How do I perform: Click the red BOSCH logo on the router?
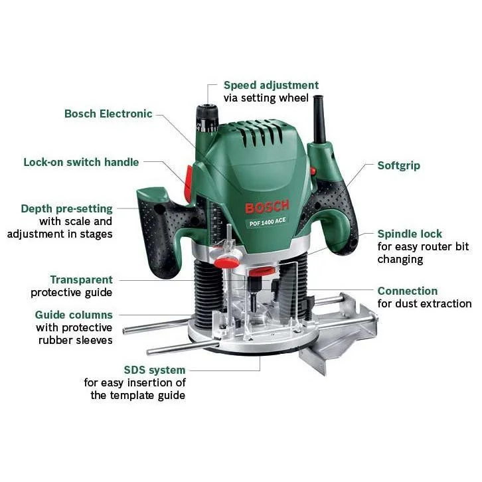[x=267, y=207]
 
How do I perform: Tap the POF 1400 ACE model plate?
[x=267, y=222]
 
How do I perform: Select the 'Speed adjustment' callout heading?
[x=271, y=85]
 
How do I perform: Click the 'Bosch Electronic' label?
[x=108, y=114]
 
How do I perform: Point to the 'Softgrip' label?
[x=398, y=166]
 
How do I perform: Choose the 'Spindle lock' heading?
[x=410, y=234]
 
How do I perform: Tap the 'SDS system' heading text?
[x=154, y=370]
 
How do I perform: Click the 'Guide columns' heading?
[x=74, y=315]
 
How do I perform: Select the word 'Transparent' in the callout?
[x=82, y=280]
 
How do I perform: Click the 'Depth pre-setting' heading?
[x=66, y=208]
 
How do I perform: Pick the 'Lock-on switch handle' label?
[x=81, y=162]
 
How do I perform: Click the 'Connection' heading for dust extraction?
[x=407, y=291]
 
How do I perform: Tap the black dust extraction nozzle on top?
[x=320, y=120]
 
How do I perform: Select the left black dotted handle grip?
[x=157, y=237]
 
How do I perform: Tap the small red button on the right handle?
[x=313, y=171]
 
